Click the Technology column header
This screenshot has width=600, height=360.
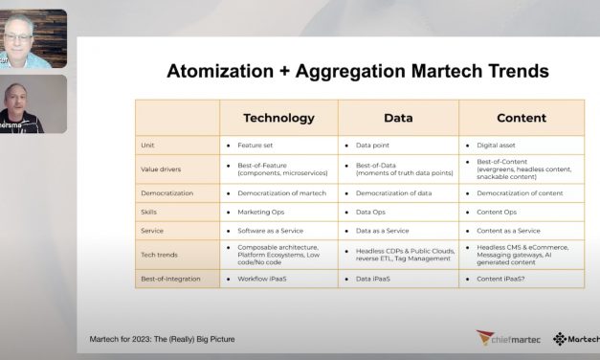278,117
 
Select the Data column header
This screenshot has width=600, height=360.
398,117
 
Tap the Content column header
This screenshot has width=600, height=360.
522,117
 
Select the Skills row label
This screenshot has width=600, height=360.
151,211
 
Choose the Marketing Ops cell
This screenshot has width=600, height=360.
263,211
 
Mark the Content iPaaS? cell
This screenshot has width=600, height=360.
508,278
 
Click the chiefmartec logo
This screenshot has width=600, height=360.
507,338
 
